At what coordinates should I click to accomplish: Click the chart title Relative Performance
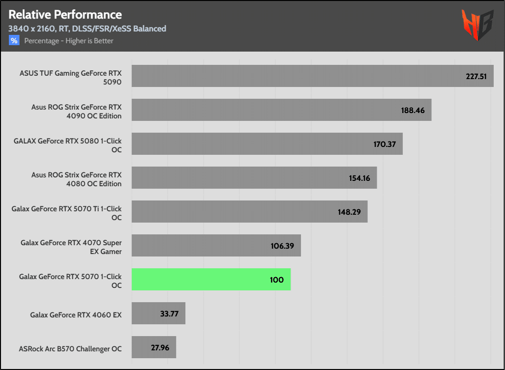pyautogui.click(x=65, y=14)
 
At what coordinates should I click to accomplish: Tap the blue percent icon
pyautogui.click(x=14, y=41)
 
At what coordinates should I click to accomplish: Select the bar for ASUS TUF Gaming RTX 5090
pyautogui.click(x=312, y=76)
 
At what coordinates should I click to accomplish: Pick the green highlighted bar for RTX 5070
pyautogui.click(x=211, y=279)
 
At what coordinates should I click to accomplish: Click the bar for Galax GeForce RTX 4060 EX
pyautogui.click(x=158, y=313)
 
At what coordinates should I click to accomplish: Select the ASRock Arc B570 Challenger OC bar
pyautogui.click(x=153, y=347)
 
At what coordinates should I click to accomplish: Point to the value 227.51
pyautogui.click(x=476, y=76)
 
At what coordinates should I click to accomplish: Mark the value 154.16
pyautogui.click(x=359, y=178)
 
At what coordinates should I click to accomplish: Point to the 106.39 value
pyautogui.click(x=283, y=246)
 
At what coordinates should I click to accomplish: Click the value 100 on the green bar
pyautogui.click(x=277, y=280)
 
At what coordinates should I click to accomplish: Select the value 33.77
pyautogui.click(x=169, y=313)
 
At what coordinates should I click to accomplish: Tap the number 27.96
pyautogui.click(x=160, y=347)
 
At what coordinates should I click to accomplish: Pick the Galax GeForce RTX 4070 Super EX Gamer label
pyautogui.click(x=71, y=247)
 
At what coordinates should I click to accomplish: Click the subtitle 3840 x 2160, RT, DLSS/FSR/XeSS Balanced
pyautogui.click(x=87, y=28)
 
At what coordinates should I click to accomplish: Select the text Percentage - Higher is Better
pyautogui.click(x=69, y=41)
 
